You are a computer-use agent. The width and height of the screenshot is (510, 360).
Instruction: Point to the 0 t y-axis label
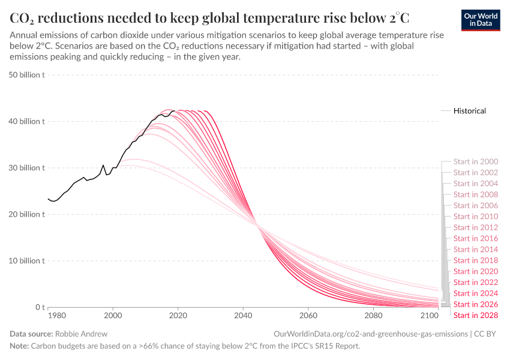pos(39,307)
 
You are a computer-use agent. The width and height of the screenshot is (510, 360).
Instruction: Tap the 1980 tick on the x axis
pos(56,316)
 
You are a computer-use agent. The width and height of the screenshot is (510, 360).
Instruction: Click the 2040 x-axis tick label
pos(243,316)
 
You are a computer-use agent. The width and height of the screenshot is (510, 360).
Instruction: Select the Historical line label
pos(469,111)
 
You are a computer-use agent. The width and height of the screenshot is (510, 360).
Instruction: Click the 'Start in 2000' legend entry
pos(475,161)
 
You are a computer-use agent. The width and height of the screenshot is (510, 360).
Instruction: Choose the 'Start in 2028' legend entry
pos(475,316)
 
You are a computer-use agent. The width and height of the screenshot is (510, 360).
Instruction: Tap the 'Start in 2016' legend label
pos(475,238)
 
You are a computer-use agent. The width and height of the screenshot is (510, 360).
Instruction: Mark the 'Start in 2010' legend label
pos(475,217)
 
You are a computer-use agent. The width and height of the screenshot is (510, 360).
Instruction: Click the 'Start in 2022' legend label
pos(475,283)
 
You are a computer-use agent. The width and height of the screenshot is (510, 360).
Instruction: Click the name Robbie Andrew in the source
pos(81,333)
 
